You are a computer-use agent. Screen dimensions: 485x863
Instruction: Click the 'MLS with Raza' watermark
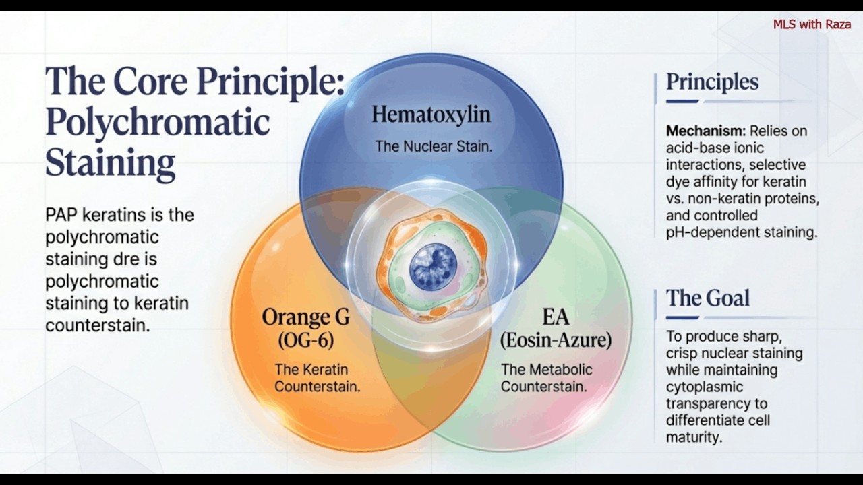[x=812, y=24]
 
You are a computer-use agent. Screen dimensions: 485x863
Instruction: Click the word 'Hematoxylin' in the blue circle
[x=431, y=115]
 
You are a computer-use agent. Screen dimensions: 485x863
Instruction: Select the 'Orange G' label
[x=305, y=317]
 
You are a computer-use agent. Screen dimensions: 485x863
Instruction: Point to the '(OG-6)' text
[x=306, y=340]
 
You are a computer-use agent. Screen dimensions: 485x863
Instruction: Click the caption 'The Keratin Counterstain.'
[x=317, y=378]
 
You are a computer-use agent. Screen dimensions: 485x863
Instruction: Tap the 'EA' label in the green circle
[x=556, y=317]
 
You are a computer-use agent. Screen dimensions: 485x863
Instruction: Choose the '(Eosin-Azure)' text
[x=556, y=340]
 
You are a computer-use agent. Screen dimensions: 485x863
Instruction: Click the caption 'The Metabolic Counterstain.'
[x=546, y=378]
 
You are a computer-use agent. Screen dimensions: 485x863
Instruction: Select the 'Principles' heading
[x=712, y=82]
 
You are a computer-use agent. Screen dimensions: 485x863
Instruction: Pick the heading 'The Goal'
[x=708, y=298]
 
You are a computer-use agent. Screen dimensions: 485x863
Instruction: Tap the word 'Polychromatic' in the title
[x=157, y=123]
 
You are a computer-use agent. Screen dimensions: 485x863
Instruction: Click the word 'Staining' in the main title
[x=110, y=163]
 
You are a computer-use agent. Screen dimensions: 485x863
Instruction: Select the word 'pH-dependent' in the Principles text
[x=707, y=232]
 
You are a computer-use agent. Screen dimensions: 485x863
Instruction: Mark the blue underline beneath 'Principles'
[x=682, y=102]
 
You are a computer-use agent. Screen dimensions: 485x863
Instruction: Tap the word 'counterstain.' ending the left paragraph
[x=97, y=325]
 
